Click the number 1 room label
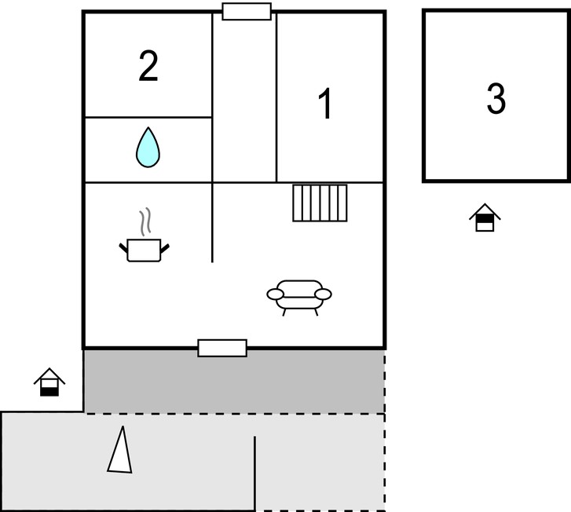click(x=325, y=103)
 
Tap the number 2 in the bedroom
click(x=148, y=65)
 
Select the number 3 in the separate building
click(x=496, y=98)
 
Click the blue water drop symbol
click(x=148, y=147)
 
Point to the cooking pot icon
click(x=145, y=251)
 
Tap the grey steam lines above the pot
click(x=145, y=221)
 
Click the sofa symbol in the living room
click(x=299, y=298)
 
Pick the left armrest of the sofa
click(x=275, y=294)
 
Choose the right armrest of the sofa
click(x=323, y=294)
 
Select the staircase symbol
click(x=320, y=203)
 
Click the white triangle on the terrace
click(x=120, y=450)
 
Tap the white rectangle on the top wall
click(x=247, y=11)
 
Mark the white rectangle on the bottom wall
click(x=222, y=348)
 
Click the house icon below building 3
click(x=485, y=218)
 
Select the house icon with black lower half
click(x=49, y=382)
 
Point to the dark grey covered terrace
click(x=234, y=382)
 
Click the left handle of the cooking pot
click(x=123, y=247)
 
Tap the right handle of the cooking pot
click(x=165, y=248)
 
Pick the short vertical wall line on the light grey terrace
click(x=254, y=473)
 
